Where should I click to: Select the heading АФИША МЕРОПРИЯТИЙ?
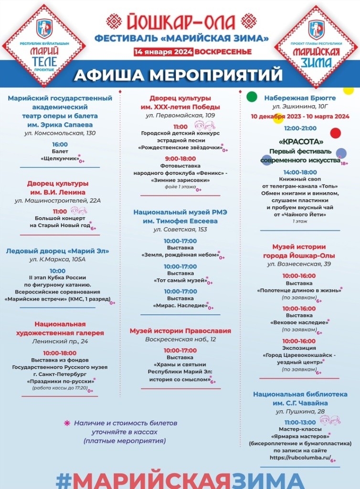[179, 75]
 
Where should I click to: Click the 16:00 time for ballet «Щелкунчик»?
[60, 144]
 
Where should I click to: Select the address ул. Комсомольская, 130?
[60, 132]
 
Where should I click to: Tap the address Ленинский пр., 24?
[60, 341]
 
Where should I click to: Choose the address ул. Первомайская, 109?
[180, 115]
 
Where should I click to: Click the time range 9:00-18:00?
[180, 158]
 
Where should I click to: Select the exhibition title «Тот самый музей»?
[180, 280]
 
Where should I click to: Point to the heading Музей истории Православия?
[180, 330]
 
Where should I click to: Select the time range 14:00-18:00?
[300, 172]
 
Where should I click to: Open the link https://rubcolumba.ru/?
[294, 457]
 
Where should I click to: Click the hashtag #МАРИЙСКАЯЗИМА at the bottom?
[180, 479]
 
